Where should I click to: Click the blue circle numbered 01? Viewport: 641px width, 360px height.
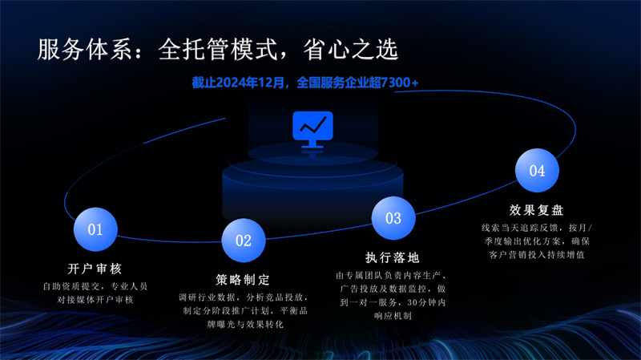tap(95, 229)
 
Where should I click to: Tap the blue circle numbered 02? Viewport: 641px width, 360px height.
tap(244, 241)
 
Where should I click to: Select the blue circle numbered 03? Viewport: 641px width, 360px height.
tap(393, 218)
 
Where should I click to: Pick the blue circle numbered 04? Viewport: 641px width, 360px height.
tap(537, 170)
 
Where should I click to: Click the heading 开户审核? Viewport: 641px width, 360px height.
tap(95, 269)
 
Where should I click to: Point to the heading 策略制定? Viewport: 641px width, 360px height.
tap(244, 280)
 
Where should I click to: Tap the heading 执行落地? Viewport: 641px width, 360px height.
tap(393, 257)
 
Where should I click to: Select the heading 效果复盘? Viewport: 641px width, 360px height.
tap(537, 210)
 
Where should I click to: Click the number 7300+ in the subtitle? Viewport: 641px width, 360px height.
tap(399, 83)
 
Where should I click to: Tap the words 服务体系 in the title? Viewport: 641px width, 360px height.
tap(85, 50)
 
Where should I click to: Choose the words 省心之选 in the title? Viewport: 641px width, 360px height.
tap(351, 50)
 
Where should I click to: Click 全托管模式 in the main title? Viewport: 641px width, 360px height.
tap(218, 50)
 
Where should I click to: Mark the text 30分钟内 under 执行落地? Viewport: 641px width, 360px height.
tap(426, 303)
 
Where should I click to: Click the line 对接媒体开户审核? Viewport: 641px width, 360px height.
tap(95, 300)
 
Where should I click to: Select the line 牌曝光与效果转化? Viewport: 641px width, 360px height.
tap(245, 325)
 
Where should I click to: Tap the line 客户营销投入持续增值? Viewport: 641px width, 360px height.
tap(537, 255)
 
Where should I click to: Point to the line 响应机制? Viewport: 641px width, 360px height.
tap(393, 316)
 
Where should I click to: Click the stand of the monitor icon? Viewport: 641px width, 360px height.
tap(312, 144)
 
